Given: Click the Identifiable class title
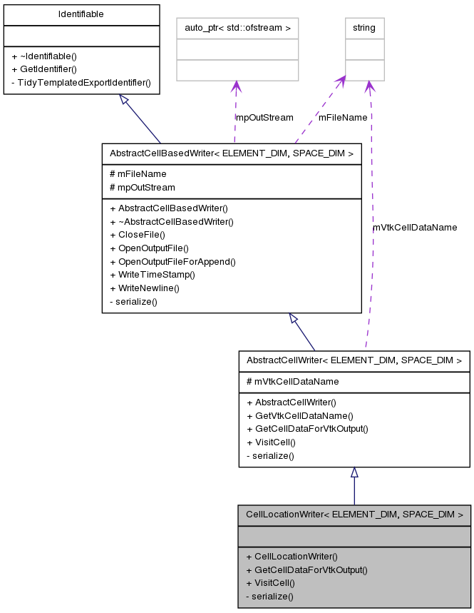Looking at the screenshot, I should coord(81,14).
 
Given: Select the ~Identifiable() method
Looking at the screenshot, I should coord(44,56).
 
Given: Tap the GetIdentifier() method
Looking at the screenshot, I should coord(43,69).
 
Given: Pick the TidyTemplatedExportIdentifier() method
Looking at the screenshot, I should coord(81,82).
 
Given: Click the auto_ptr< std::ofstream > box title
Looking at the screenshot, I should coord(237,29).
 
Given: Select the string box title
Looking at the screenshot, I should coord(365,29).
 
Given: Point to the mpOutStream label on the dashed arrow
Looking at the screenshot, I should coord(264,117).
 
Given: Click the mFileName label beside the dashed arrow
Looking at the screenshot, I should coord(342,117).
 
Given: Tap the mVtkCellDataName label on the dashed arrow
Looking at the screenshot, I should coord(414,227).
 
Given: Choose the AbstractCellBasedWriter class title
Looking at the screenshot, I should coord(231,153).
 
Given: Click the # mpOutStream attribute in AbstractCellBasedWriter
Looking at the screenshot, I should coord(142,187).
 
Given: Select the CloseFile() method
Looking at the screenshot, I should coord(137,234).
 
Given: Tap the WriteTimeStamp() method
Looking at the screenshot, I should coord(152,274).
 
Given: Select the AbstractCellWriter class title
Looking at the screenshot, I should coord(354,360).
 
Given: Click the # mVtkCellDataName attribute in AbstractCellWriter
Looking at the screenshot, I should coord(292,381).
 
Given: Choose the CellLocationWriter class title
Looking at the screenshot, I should coord(354,514).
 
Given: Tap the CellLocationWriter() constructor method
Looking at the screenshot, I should coord(292,556).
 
